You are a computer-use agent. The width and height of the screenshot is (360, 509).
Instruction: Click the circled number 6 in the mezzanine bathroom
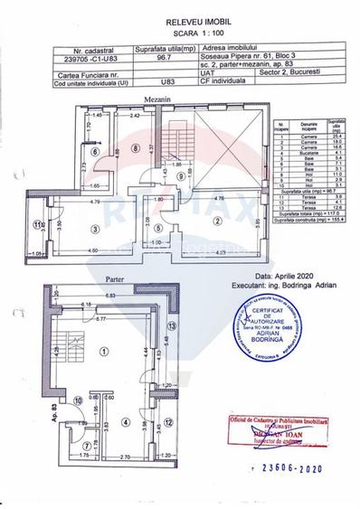pos(70,152)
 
